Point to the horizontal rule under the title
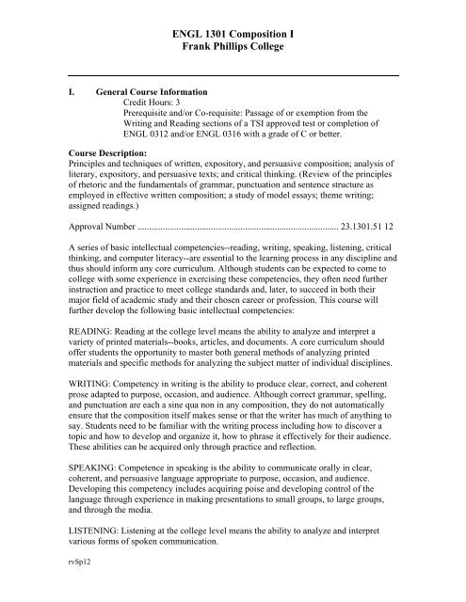(x=232, y=74)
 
